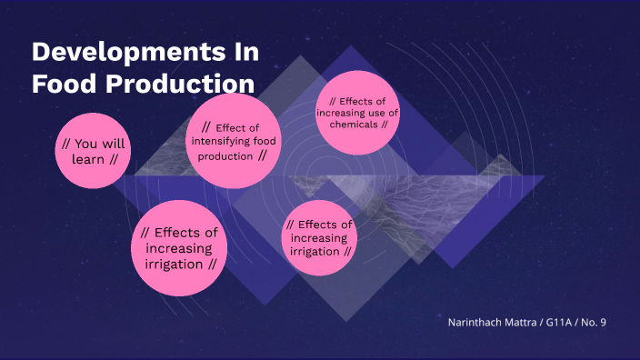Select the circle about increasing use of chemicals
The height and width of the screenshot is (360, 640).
point(359,113)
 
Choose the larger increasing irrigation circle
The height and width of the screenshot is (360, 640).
point(179,248)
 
